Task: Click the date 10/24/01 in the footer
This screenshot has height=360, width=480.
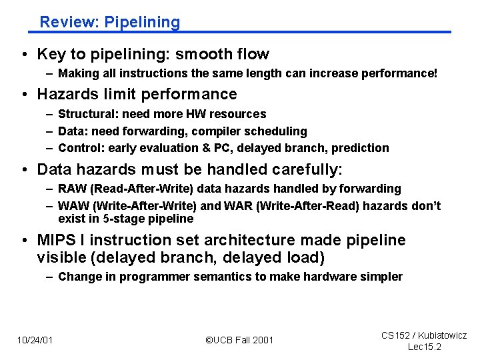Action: pos(35,340)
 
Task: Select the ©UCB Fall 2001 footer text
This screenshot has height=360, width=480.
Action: pos(239,340)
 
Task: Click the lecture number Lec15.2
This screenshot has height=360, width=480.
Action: pos(424,347)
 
